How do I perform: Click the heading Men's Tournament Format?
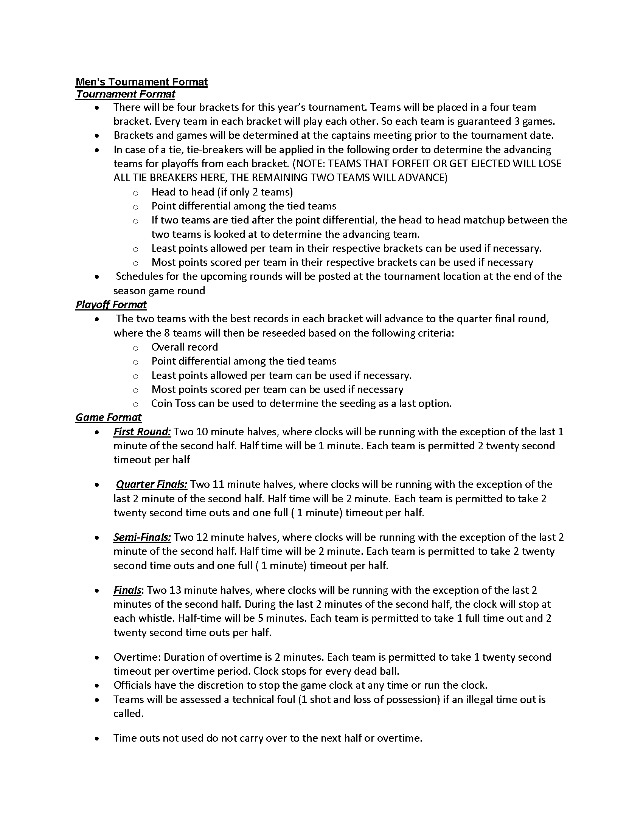tap(141, 82)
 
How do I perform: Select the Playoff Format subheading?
tap(111, 305)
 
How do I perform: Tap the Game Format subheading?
tap(108, 418)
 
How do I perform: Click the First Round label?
tap(142, 432)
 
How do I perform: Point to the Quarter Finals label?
tap(152, 484)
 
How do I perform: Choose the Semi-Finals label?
tap(142, 537)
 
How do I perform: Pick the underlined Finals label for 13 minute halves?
tap(127, 590)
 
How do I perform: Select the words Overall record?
tap(185, 347)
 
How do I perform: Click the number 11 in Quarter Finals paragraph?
tap(218, 484)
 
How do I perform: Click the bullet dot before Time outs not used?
tap(98, 738)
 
